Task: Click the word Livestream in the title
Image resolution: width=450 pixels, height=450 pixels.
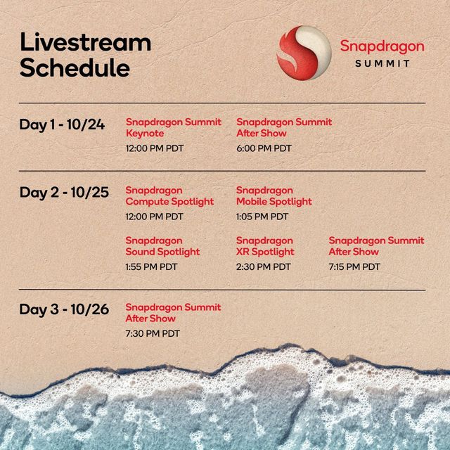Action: click(x=86, y=42)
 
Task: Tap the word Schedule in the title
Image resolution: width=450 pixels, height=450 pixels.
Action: click(x=75, y=67)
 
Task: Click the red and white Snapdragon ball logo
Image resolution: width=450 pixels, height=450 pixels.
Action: click(x=304, y=53)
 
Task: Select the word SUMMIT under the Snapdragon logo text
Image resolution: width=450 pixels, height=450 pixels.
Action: click(x=382, y=63)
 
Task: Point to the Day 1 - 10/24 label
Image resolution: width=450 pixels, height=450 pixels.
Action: click(x=62, y=125)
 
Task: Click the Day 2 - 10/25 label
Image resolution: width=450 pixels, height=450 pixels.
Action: click(x=64, y=193)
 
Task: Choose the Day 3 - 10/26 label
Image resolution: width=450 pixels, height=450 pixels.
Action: click(x=64, y=309)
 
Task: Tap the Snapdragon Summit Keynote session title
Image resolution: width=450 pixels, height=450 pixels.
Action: click(x=174, y=127)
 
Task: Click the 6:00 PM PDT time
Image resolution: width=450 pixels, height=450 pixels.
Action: click(x=264, y=148)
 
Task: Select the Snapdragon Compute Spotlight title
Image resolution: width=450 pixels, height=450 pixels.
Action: click(x=169, y=195)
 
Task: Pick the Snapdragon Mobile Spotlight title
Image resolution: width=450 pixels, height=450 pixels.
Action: click(x=274, y=195)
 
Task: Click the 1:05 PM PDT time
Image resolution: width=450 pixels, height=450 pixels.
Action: click(x=262, y=217)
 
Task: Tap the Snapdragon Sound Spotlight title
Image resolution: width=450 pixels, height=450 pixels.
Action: click(x=162, y=246)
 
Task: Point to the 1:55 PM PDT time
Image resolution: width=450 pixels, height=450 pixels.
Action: click(x=151, y=267)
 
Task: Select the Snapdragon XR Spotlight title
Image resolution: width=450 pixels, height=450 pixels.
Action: click(x=265, y=246)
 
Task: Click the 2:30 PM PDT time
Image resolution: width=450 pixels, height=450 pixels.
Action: click(x=263, y=267)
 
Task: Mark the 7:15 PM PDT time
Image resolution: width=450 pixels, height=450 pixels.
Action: click(x=354, y=267)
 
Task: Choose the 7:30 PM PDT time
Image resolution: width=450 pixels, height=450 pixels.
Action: click(x=153, y=333)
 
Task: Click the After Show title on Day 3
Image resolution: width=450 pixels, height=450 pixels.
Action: click(x=150, y=319)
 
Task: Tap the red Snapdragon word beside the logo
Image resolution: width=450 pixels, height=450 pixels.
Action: click(x=382, y=46)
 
